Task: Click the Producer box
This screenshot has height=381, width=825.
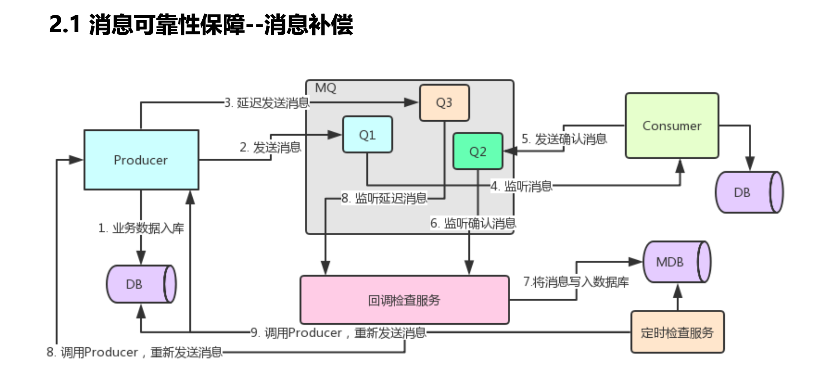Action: click(141, 160)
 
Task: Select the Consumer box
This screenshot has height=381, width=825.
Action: click(672, 126)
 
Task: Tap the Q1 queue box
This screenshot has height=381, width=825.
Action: click(367, 135)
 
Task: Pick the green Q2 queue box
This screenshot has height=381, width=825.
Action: click(478, 151)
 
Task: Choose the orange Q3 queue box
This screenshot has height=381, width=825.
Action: click(444, 103)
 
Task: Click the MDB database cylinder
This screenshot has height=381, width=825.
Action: click(673, 262)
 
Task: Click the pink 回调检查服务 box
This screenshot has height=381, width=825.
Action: click(404, 300)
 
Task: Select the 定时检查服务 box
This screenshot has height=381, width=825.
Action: click(677, 332)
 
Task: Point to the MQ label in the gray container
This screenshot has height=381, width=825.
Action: click(325, 88)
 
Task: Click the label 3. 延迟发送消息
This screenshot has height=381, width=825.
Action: click(267, 103)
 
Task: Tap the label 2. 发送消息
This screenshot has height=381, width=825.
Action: click(270, 147)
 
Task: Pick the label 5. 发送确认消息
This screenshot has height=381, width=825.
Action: click(564, 139)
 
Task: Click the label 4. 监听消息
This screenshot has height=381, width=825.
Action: click(521, 186)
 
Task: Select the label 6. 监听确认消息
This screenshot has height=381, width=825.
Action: click(473, 223)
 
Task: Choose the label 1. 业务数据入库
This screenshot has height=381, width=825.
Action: click(141, 228)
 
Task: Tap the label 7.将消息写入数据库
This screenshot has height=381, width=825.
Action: click(576, 282)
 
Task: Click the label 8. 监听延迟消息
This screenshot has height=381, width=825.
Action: click(384, 198)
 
